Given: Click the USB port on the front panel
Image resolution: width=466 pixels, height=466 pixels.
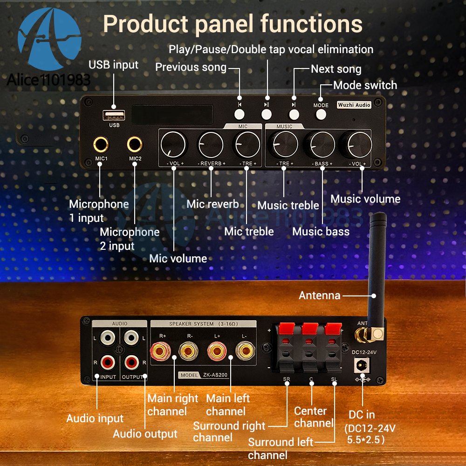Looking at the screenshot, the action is click(x=114, y=115).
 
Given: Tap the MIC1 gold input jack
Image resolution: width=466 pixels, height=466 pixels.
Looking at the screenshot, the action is click(x=101, y=145).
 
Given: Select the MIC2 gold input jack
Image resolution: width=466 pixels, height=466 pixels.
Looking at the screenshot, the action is click(x=135, y=145).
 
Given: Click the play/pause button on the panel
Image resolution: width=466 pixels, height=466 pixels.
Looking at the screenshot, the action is click(x=266, y=115).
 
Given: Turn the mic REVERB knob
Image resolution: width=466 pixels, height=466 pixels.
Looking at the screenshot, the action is click(x=211, y=145).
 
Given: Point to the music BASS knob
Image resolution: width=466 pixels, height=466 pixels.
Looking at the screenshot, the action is click(x=322, y=145).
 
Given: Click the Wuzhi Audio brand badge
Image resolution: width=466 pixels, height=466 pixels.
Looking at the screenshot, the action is click(x=354, y=105).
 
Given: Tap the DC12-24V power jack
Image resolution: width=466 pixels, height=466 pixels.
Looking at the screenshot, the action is click(x=362, y=365).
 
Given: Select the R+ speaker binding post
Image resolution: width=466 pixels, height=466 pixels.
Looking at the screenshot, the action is click(x=160, y=351).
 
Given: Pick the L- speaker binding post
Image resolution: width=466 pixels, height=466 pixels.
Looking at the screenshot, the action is click(x=245, y=351).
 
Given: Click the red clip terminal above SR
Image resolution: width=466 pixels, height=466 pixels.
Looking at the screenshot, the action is click(x=287, y=329).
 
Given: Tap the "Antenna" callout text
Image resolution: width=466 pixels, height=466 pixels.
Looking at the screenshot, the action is click(x=320, y=295).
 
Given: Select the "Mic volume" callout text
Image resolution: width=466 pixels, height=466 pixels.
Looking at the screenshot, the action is click(x=178, y=259).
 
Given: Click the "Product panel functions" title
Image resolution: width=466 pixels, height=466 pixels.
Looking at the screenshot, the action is click(x=233, y=24).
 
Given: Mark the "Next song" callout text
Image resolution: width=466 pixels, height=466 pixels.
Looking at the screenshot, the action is click(x=336, y=69).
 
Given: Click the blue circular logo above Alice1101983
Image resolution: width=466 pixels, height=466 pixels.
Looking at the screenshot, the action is click(x=49, y=39).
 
